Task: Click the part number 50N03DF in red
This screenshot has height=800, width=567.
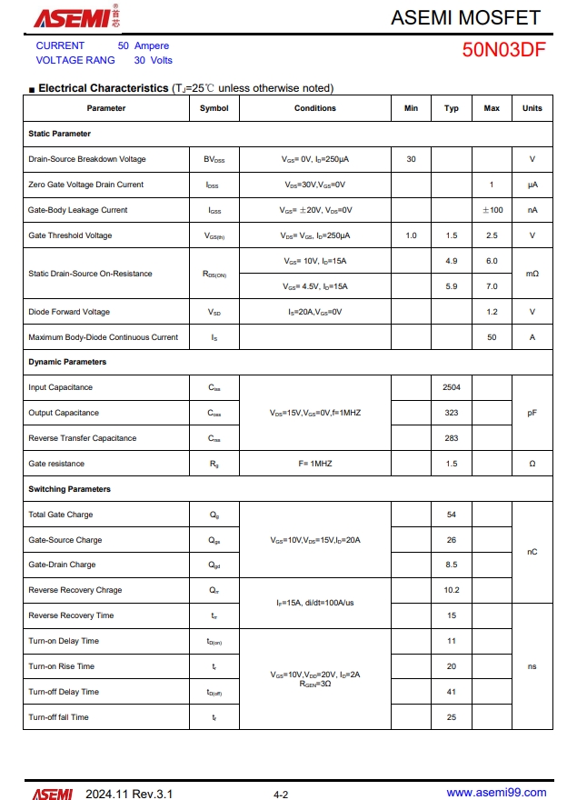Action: (x=503, y=50)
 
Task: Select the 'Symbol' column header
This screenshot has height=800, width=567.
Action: (x=214, y=108)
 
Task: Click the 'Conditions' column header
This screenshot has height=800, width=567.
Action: (x=314, y=108)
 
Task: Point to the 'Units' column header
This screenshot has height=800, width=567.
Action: (x=532, y=108)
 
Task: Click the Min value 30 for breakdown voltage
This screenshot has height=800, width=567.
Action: (x=411, y=159)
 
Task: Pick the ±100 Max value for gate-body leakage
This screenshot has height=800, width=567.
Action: (x=492, y=210)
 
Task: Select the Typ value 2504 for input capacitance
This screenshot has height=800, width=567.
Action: (x=452, y=387)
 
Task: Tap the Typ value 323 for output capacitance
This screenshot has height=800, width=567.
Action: (x=452, y=413)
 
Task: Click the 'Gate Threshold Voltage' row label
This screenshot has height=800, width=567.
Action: (x=70, y=235)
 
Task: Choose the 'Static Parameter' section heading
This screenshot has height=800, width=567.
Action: (x=59, y=134)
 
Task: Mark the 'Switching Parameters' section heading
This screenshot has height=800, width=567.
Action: (x=69, y=489)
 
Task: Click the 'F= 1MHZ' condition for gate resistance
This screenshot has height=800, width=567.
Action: (x=314, y=464)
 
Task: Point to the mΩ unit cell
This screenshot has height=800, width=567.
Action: (x=532, y=274)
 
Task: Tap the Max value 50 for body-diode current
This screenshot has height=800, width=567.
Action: (x=492, y=337)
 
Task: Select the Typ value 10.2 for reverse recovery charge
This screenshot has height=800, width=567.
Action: (x=452, y=590)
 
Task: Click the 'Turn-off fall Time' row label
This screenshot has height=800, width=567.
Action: (x=58, y=717)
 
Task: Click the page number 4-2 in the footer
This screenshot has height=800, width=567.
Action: (x=281, y=795)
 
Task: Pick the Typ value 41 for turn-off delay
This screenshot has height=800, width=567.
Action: (x=452, y=692)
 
